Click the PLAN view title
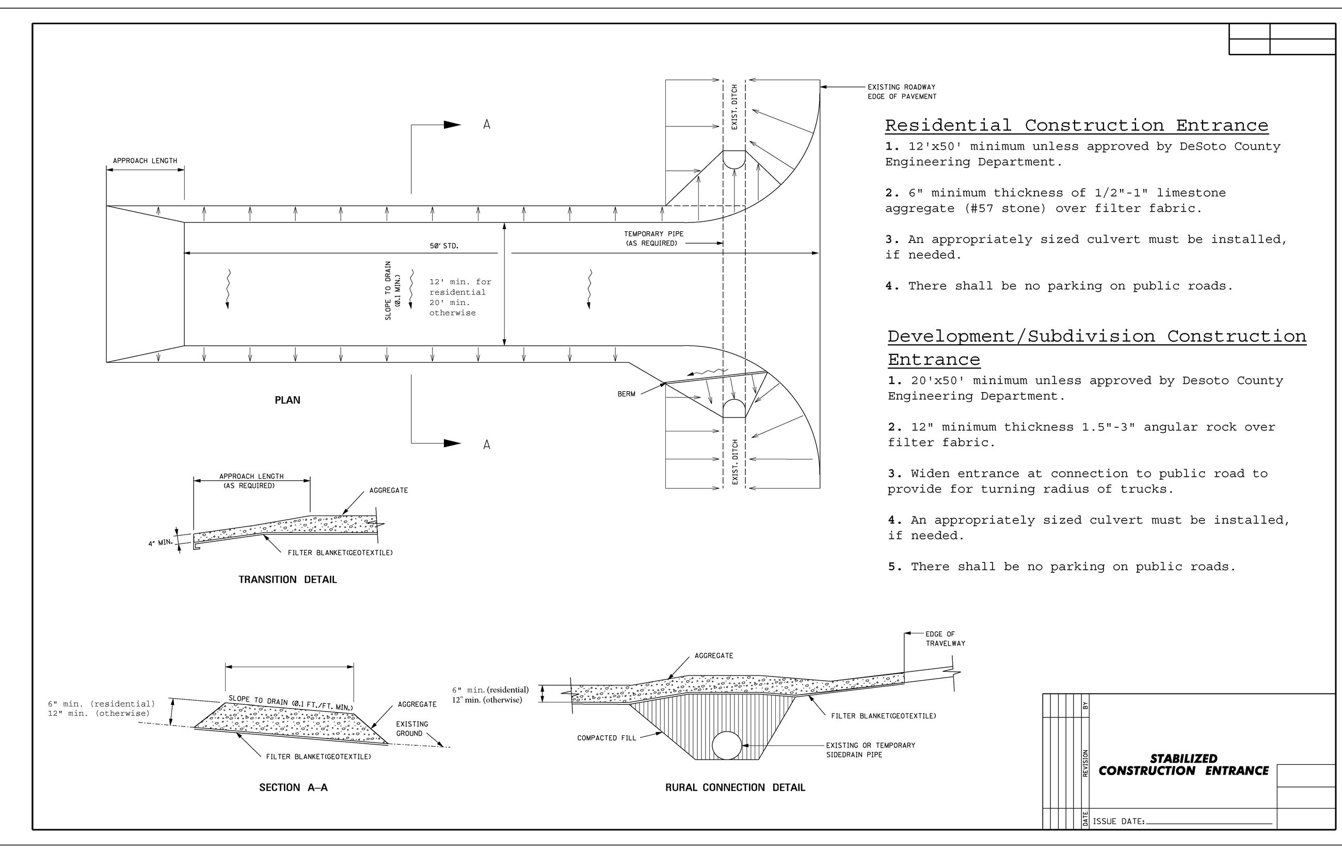pyautogui.click(x=287, y=400)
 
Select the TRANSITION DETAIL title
pyautogui.click(x=287, y=580)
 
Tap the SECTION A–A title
pyautogui.click(x=293, y=787)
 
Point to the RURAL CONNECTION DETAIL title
pyautogui.click(x=734, y=787)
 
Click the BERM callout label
pyautogui.click(x=626, y=394)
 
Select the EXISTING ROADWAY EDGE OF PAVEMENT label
pyautogui.click(x=901, y=92)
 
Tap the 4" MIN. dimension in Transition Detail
pyautogui.click(x=161, y=541)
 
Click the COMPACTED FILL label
pyautogui.click(x=606, y=738)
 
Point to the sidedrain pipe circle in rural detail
pyautogui.click(x=727, y=745)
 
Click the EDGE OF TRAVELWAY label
pyautogui.click(x=945, y=638)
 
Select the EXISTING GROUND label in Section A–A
pyautogui.click(x=412, y=728)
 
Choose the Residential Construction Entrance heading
pyautogui.click(x=1076, y=125)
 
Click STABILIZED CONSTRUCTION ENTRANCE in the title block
pyautogui.click(x=1183, y=764)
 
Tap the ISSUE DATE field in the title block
pyautogui.click(x=1181, y=821)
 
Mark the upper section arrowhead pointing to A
pyautogui.click(x=452, y=125)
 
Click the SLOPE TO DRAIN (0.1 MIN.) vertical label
pyautogui.click(x=393, y=291)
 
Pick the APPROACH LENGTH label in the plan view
pyautogui.click(x=145, y=161)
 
